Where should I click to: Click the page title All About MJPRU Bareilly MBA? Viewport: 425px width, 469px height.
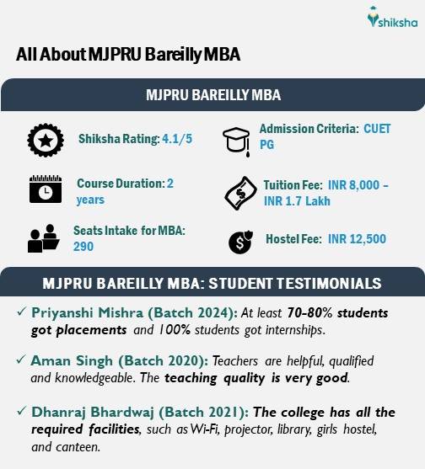click(x=128, y=55)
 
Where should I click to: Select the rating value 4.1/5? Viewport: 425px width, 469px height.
click(x=177, y=139)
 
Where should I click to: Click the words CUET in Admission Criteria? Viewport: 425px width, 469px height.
click(x=377, y=129)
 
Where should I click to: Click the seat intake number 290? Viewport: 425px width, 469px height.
click(x=83, y=246)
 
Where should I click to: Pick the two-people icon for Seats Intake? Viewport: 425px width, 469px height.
click(x=42, y=238)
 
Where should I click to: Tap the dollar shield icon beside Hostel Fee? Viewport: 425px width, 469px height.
click(x=239, y=242)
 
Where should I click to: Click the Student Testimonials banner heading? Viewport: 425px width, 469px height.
click(x=212, y=282)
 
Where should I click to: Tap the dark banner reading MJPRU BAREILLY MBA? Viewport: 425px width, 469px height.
click(x=212, y=94)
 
